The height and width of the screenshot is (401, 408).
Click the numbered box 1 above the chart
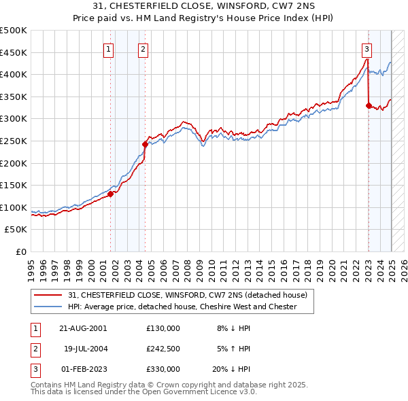[109, 48]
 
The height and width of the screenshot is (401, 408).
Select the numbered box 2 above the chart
[143, 48]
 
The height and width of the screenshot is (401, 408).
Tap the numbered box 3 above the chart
[367, 48]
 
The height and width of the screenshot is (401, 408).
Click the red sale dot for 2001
[110, 194]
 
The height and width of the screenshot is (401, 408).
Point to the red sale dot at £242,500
[145, 144]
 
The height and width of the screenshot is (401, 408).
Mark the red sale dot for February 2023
[368, 105]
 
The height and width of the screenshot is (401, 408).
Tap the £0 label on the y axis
[20, 251]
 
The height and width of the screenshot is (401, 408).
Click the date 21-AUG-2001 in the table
[84, 328]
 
